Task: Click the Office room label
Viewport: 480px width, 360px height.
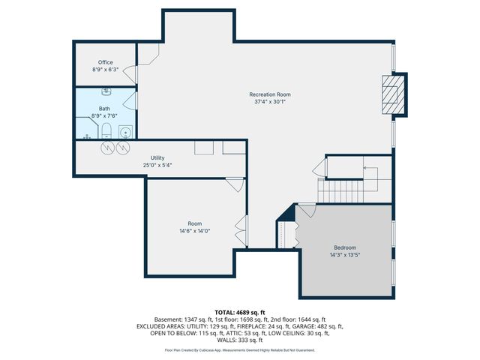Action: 105,62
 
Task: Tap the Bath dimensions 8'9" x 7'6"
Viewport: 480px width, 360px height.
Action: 104,116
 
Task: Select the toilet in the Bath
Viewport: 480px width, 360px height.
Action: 106,133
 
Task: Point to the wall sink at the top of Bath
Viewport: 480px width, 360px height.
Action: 106,92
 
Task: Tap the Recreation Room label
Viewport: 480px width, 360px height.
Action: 270,94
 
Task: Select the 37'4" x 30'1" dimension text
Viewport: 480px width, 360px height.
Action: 270,102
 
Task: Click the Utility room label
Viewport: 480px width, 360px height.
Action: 157,157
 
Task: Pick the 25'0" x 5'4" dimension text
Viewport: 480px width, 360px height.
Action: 157,165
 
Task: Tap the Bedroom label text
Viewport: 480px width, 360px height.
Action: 345,247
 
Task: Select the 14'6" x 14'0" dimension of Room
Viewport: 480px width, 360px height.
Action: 194,231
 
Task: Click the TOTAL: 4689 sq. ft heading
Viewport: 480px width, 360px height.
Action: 240,312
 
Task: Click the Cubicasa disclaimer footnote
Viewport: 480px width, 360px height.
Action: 240,350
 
